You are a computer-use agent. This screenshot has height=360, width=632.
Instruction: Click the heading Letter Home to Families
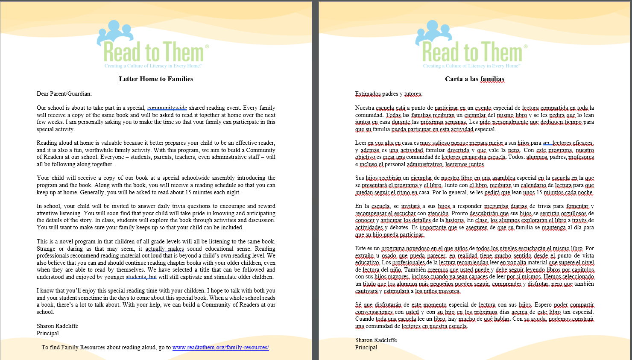pos(156,79)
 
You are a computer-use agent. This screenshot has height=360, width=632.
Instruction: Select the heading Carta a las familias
pos(474,79)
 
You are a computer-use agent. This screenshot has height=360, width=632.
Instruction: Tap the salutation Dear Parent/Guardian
pos(64,94)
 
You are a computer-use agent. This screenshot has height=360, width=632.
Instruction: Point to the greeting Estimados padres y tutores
pos(389,94)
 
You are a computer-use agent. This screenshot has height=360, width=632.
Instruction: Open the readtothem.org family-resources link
pos(221,348)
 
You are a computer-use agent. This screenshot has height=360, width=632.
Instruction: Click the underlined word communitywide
pos(167,108)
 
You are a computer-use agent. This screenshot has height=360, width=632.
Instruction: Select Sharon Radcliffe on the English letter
pos(57,326)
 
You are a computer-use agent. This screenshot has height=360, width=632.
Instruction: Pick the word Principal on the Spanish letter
pos(366,348)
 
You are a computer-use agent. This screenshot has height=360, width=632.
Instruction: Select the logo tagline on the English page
pos(153,66)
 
